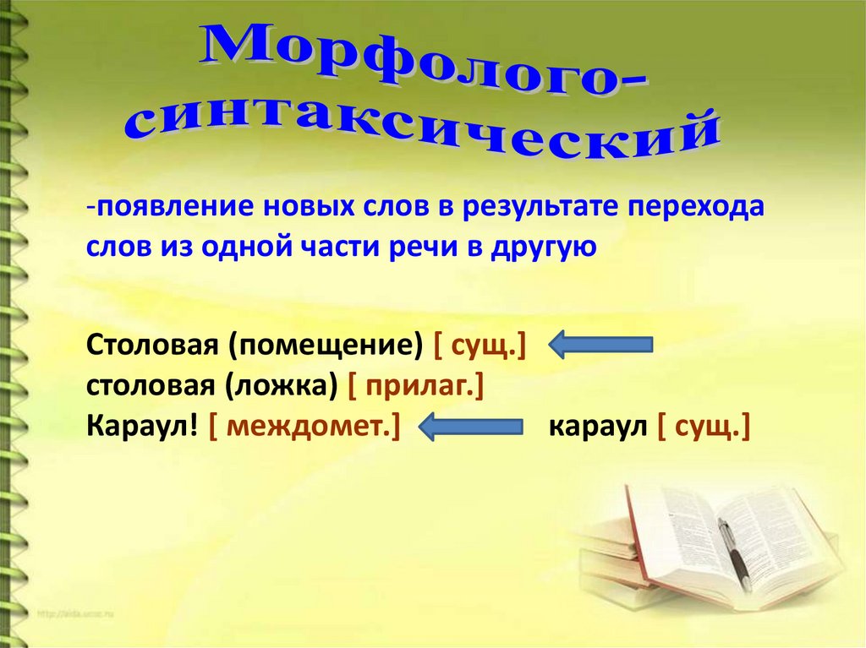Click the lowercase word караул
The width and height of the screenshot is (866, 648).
pos(597,426)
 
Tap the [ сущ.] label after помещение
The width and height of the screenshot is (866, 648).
pos(479,345)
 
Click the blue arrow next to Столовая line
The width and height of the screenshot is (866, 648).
pos(600,345)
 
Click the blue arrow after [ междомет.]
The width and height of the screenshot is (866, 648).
pos(469,426)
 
